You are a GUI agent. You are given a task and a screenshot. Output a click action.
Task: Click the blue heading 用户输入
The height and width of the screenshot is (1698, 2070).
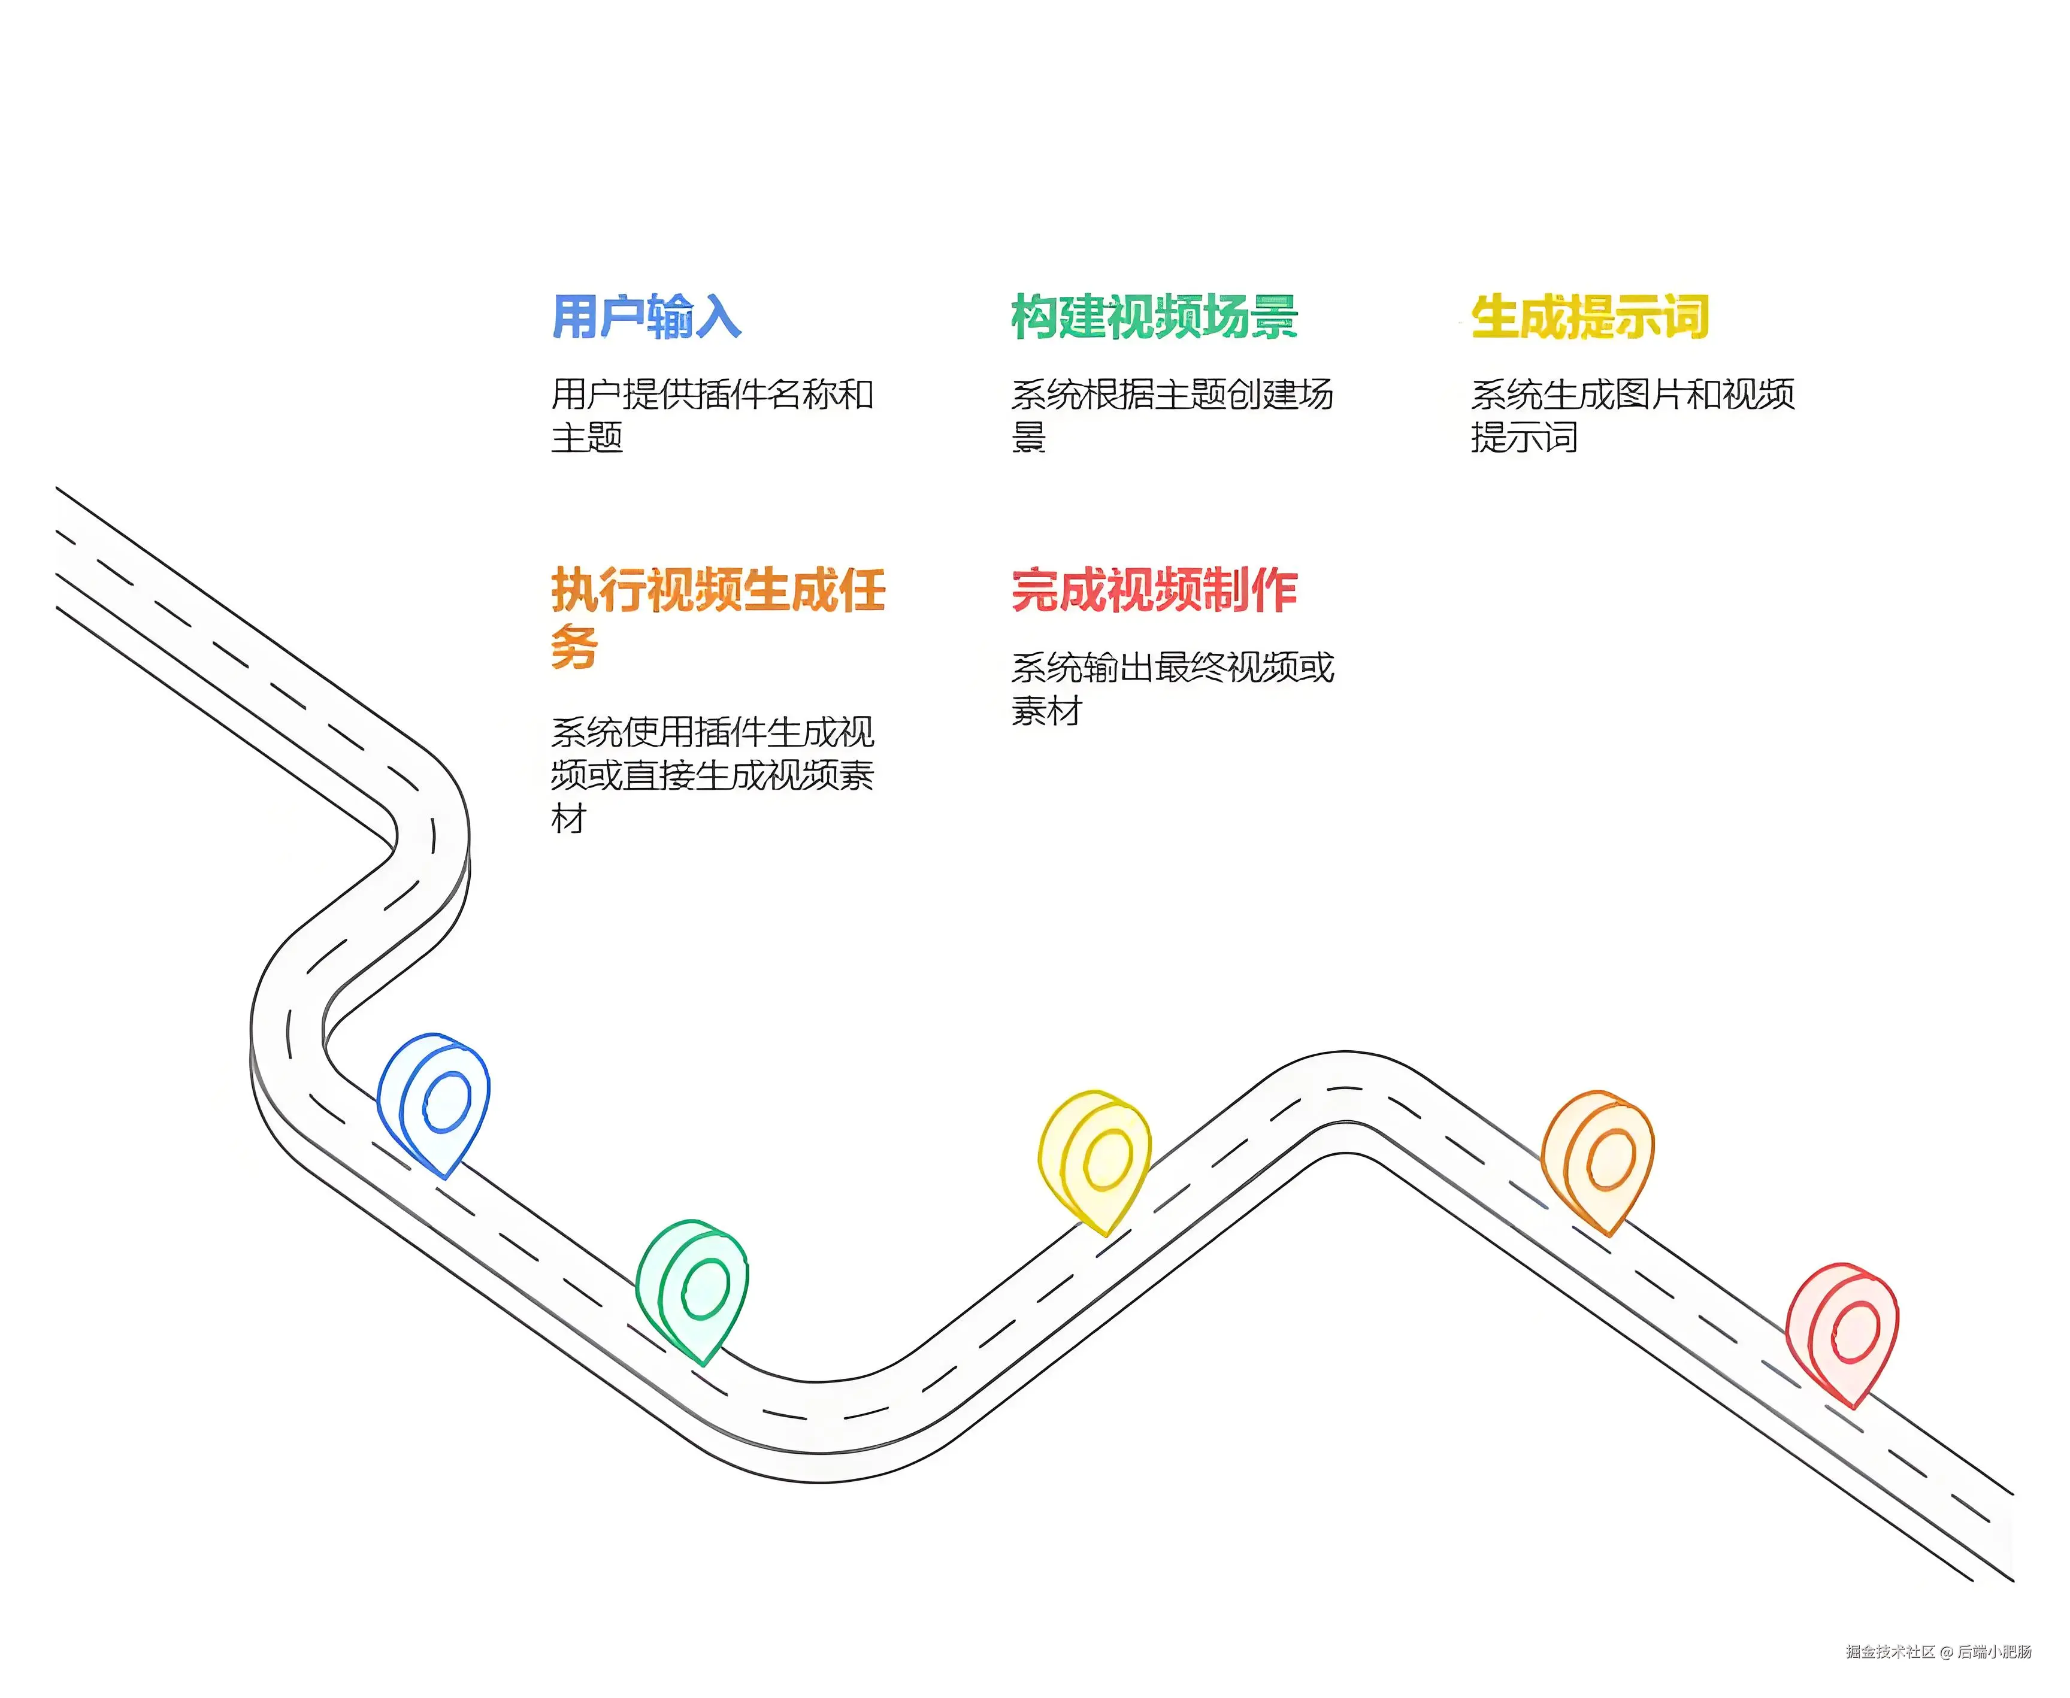(647, 317)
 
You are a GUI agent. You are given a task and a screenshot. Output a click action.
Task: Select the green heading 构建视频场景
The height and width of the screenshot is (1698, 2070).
(1154, 317)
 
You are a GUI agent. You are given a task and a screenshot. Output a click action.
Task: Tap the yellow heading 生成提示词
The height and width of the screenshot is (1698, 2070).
(1590, 317)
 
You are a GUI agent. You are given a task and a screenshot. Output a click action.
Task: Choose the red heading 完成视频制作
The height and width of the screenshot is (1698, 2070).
(1154, 591)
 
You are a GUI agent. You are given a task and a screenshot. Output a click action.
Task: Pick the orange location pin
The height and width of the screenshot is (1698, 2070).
(1599, 1160)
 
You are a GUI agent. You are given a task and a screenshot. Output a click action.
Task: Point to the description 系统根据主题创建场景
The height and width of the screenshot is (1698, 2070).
(1171, 415)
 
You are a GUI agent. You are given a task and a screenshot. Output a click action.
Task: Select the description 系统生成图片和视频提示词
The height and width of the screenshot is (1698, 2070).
(1632, 415)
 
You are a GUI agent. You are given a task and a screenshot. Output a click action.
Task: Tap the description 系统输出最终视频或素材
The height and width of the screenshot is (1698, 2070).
(1171, 689)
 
